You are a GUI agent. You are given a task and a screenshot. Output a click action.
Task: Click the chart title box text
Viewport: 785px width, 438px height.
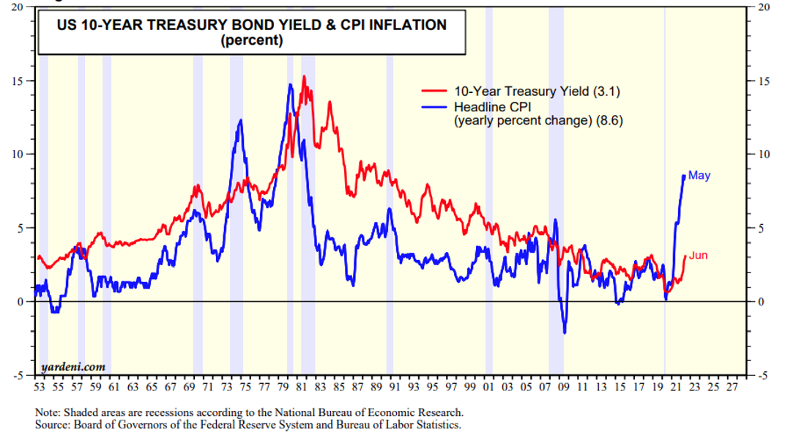coord(252,32)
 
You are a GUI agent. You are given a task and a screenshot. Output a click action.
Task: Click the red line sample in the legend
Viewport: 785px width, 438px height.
coord(434,92)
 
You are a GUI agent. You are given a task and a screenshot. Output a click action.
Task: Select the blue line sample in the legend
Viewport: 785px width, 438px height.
coord(434,107)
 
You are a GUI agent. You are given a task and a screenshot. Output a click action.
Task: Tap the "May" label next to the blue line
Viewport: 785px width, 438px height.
coord(699,176)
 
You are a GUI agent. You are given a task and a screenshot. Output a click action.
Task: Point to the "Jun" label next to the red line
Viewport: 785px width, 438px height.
coord(698,256)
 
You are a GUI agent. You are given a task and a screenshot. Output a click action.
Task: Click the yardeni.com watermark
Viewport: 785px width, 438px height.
coord(72,366)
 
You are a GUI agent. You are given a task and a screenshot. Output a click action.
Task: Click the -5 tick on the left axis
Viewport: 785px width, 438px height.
coord(18,376)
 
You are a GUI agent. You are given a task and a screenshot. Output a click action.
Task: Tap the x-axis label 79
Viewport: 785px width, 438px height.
coord(283,386)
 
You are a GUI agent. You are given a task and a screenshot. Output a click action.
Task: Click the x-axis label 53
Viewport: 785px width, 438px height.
coord(40,386)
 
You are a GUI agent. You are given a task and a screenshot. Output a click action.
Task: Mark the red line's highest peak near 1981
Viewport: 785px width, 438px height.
coord(304,76)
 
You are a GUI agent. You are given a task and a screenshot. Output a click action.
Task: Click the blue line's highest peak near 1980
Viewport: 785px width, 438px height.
coord(290,84)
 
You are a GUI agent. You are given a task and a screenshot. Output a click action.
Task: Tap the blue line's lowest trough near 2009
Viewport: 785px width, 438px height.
coord(565,333)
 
